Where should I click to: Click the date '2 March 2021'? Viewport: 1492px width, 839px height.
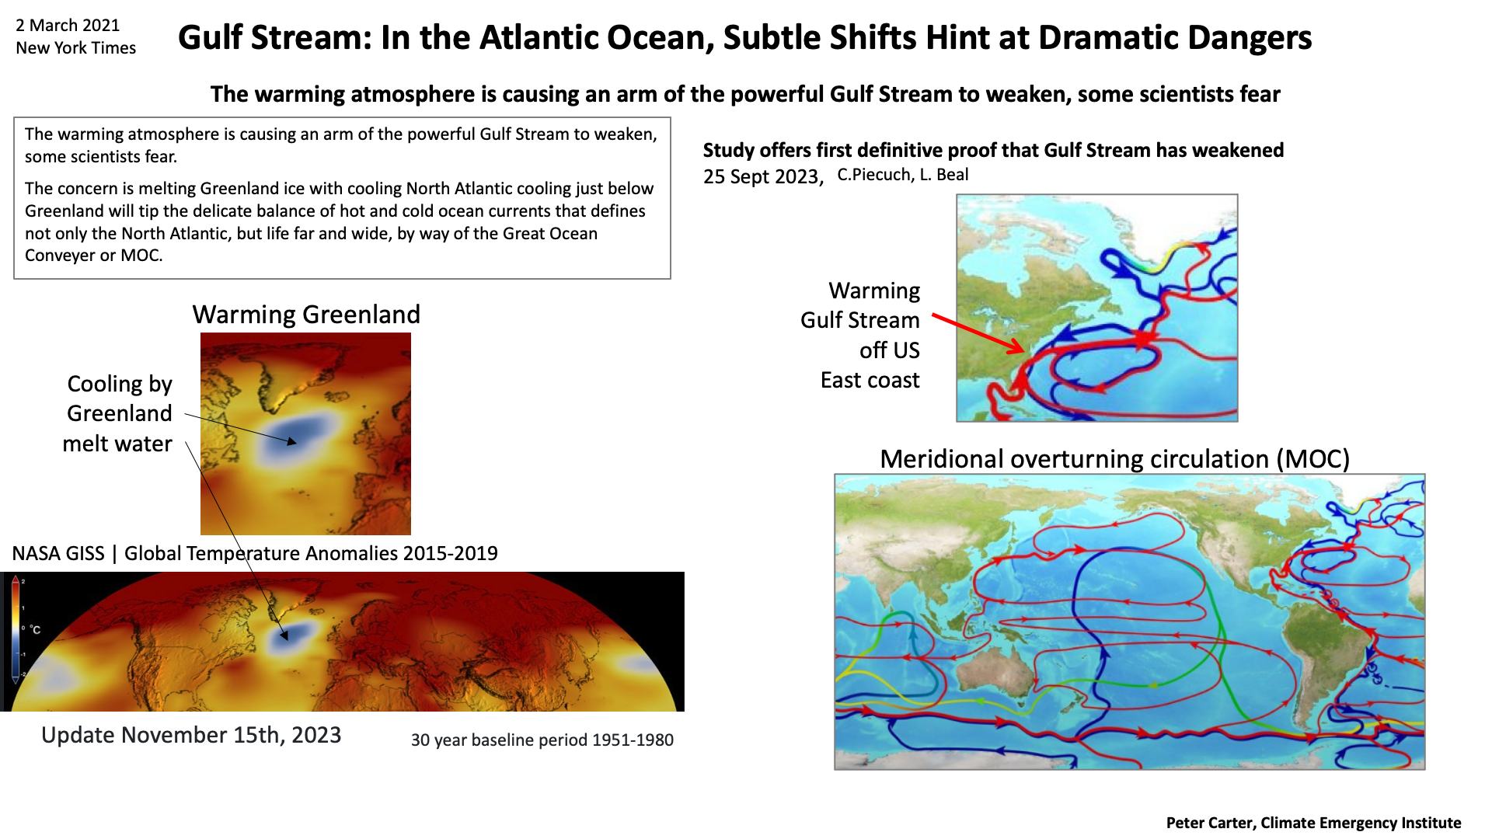[x=68, y=25]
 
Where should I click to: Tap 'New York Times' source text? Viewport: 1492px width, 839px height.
[x=75, y=48]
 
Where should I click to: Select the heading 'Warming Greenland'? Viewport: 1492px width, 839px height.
[x=306, y=314]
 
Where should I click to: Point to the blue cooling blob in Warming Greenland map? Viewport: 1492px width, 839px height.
[x=299, y=439]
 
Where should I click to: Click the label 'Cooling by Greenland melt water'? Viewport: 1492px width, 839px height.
[x=118, y=413]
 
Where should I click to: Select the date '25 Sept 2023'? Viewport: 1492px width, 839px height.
[x=762, y=177]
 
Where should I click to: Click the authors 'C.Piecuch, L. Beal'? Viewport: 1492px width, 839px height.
[x=903, y=175]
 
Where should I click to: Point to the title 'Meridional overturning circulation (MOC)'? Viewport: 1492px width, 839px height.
[x=1114, y=459]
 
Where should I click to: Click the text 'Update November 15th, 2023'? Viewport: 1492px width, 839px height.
[x=191, y=735]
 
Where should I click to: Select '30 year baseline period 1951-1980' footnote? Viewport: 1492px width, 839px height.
[x=542, y=740]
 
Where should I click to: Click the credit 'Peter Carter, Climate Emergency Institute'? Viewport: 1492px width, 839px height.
[x=1313, y=823]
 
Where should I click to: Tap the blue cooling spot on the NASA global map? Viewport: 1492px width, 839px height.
[x=292, y=639]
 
